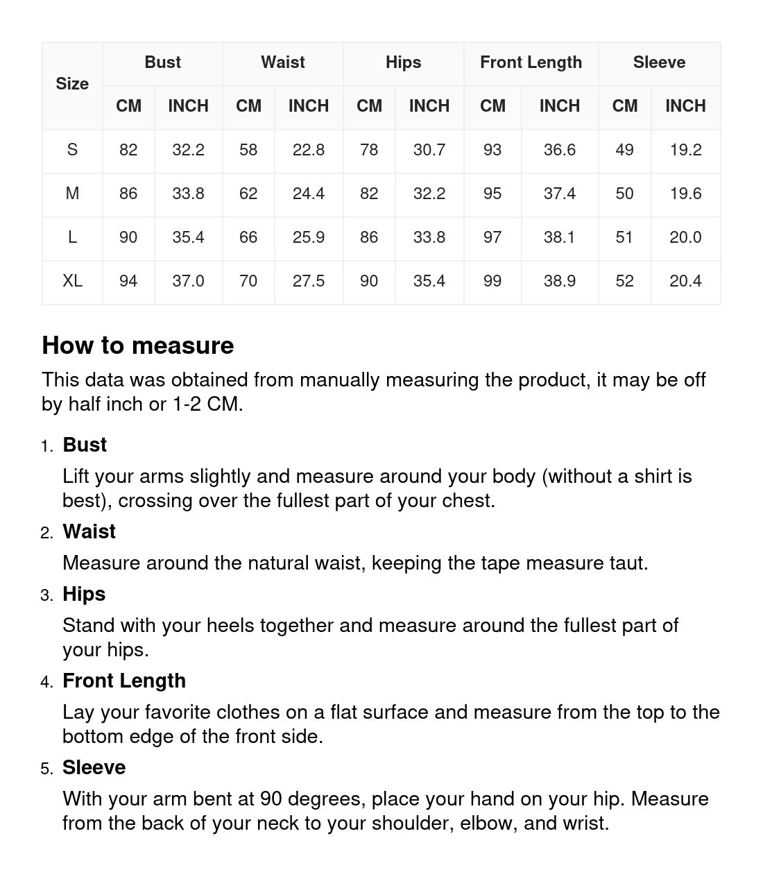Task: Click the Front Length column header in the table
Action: click(x=531, y=62)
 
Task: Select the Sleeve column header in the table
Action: click(x=659, y=62)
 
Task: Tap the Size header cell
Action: click(x=72, y=84)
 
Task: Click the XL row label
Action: click(x=72, y=281)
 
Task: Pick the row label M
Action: click(x=72, y=194)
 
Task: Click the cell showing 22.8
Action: click(x=309, y=150)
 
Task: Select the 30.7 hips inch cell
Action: click(x=429, y=150)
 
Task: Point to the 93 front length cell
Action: click(x=492, y=150)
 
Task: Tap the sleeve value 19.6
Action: click(x=685, y=194)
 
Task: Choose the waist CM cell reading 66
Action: click(x=248, y=237)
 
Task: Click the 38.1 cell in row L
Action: click(x=559, y=237)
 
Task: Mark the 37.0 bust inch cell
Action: click(x=188, y=281)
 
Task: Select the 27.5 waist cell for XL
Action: click(x=309, y=281)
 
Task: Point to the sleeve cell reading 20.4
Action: click(x=685, y=281)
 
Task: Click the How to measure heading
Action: click(x=138, y=345)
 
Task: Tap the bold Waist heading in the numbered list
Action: click(x=89, y=531)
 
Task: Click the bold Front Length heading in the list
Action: click(x=124, y=681)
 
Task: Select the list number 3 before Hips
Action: click(x=46, y=595)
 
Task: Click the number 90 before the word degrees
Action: click(x=271, y=799)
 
